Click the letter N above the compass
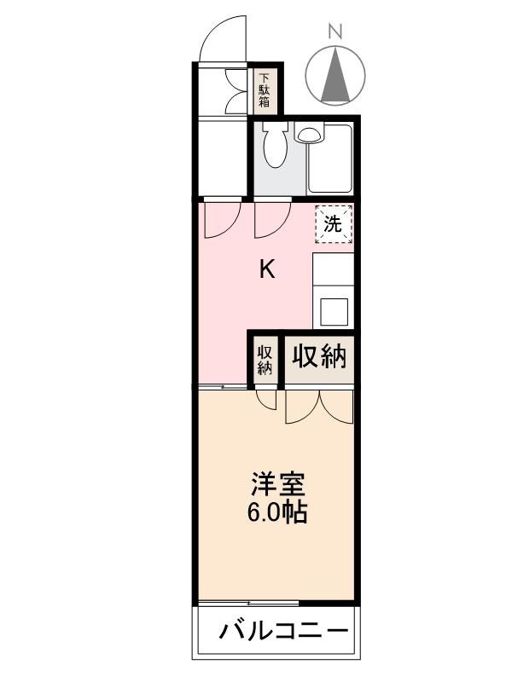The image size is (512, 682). coord(335,32)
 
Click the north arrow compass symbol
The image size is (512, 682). coord(335,73)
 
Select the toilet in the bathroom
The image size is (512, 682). coord(275,146)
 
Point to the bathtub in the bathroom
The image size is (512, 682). coord(330,159)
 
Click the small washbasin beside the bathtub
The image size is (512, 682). coord(308,133)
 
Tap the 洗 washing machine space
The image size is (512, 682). coord(333,225)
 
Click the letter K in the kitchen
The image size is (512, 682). coord(267,271)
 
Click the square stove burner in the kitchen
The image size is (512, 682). coord(333,311)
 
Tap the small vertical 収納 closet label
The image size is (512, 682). coord(265,359)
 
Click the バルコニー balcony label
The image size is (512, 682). coord(284,632)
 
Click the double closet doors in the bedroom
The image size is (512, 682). coord(319,406)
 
